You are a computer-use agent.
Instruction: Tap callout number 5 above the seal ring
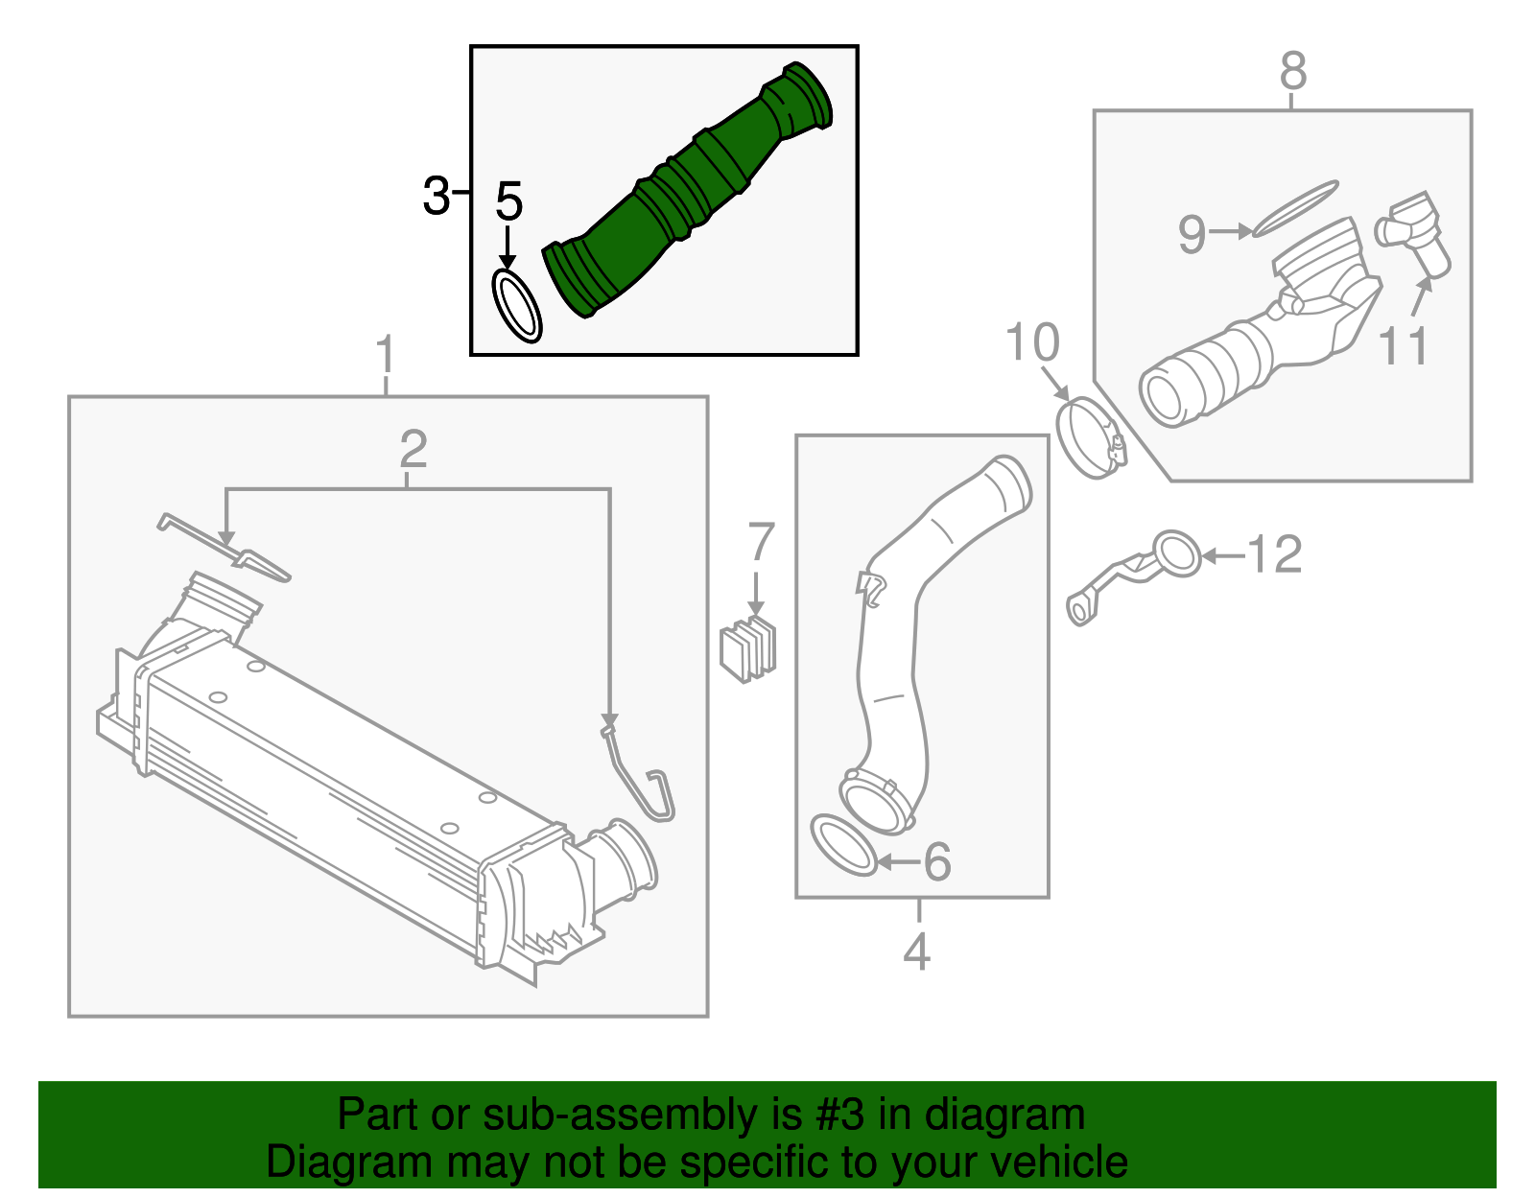(x=508, y=201)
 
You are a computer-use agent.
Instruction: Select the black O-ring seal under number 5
(x=516, y=306)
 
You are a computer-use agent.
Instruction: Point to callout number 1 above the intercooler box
(x=386, y=355)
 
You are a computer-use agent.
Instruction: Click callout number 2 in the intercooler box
(x=413, y=449)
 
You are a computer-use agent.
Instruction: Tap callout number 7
(x=760, y=542)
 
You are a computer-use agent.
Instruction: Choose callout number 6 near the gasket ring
(x=937, y=860)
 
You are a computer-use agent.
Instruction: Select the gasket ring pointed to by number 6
(x=842, y=844)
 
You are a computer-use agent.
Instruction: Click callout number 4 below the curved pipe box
(x=917, y=951)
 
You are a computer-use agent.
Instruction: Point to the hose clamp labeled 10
(x=1089, y=437)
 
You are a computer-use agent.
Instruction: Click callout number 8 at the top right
(x=1293, y=71)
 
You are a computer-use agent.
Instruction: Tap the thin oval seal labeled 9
(x=1295, y=207)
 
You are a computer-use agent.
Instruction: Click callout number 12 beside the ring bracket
(x=1274, y=554)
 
